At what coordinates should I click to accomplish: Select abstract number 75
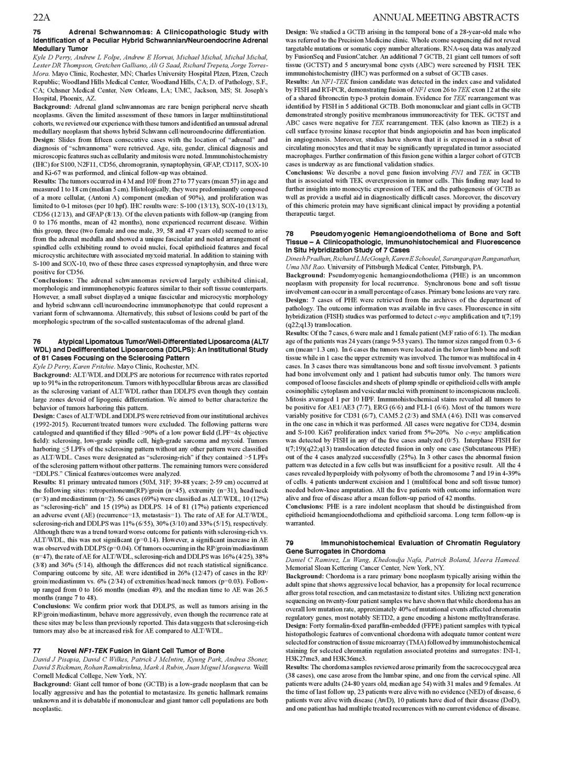coord(36,32)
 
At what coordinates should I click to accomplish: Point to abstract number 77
coord(36,650)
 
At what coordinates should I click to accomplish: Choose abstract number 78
coord(289,233)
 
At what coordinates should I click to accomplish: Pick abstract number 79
coord(289,543)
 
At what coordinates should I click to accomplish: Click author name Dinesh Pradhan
coord(306,258)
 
